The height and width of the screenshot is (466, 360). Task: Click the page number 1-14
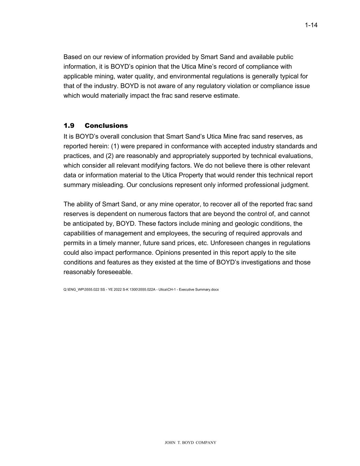click(x=311, y=25)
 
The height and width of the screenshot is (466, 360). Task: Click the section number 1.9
click(x=69, y=126)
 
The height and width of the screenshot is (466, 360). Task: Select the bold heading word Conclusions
click(x=106, y=126)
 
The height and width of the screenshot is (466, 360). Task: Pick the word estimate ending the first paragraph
click(x=228, y=96)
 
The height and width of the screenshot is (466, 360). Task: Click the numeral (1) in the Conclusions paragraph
click(x=115, y=146)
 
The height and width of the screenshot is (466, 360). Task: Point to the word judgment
click(x=296, y=185)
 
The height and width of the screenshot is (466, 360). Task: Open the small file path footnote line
click(x=141, y=290)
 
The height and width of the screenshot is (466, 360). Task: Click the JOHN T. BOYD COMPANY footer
click(x=190, y=443)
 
